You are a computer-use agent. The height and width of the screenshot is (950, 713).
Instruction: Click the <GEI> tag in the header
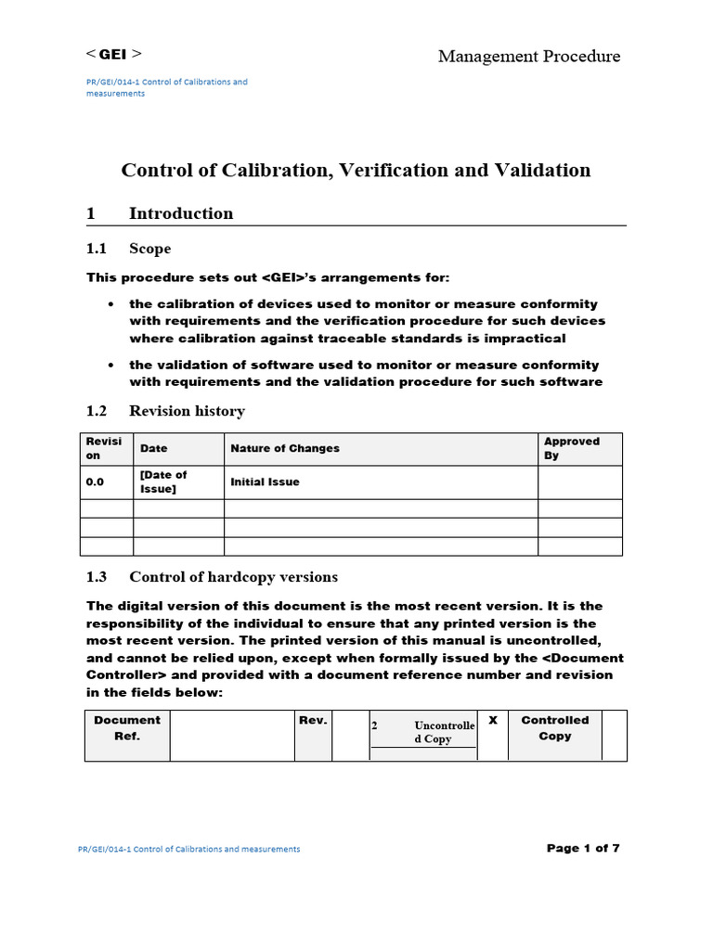(114, 54)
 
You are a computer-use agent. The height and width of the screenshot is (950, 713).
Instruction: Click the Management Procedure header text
(529, 57)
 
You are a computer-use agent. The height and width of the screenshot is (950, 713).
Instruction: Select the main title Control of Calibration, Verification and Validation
(356, 170)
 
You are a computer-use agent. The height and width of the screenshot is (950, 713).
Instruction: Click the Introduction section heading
(181, 213)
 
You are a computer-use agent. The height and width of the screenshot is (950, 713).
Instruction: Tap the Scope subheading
(149, 249)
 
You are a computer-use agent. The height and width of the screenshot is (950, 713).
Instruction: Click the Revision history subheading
(187, 411)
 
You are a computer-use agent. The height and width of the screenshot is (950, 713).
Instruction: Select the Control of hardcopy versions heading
(233, 577)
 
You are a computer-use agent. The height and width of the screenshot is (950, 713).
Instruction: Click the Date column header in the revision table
(154, 449)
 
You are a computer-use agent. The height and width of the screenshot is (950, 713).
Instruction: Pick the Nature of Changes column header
(285, 449)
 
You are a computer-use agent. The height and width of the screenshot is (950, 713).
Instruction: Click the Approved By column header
(571, 449)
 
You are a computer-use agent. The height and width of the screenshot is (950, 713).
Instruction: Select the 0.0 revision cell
(95, 482)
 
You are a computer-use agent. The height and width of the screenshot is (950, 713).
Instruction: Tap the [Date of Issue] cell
(163, 482)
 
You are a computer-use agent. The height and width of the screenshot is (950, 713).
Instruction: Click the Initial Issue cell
(265, 482)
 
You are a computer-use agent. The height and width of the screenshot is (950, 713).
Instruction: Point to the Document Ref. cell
(126, 728)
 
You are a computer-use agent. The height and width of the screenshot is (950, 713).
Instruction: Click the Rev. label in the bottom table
(313, 721)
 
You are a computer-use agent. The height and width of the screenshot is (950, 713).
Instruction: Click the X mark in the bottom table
(492, 721)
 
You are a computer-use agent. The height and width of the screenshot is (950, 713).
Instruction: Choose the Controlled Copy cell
(554, 728)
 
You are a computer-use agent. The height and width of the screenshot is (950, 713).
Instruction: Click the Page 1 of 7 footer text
(583, 848)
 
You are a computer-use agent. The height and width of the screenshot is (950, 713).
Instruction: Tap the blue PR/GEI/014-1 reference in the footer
(189, 849)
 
